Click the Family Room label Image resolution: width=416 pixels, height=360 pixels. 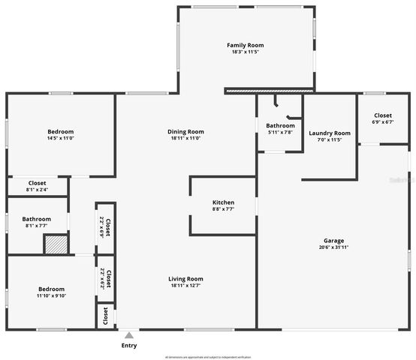coord(246,45)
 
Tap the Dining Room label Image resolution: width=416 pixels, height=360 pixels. coord(185,131)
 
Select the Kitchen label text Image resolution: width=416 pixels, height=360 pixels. coord(223,202)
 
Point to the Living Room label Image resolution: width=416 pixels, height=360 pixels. coord(185,278)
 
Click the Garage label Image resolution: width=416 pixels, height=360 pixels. coord(334,240)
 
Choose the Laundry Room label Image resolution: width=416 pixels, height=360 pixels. coord(330,133)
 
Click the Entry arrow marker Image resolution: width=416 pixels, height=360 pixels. coord(129,335)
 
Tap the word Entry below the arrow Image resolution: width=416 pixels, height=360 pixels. coord(129,346)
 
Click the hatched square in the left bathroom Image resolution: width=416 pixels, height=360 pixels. coord(56,244)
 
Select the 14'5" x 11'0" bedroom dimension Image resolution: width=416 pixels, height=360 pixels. coord(61,138)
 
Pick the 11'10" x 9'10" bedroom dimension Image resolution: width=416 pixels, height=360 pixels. coord(52,295)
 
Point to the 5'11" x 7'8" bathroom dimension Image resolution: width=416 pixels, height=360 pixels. coord(280,132)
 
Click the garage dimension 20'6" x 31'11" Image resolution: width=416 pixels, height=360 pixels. coord(334,247)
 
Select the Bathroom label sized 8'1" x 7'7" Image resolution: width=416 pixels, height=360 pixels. coord(37,218)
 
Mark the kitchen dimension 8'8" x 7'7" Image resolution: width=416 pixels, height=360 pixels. coord(223,209)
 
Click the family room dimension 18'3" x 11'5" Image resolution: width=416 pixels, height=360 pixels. coord(246,52)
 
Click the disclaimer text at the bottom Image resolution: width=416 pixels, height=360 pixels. coord(208,357)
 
